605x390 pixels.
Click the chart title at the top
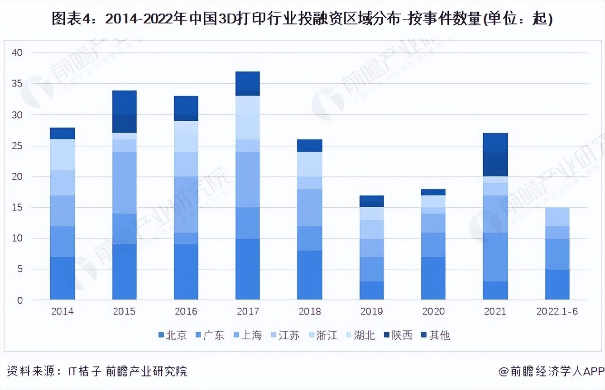coord(302,19)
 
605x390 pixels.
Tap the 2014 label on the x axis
coord(62,312)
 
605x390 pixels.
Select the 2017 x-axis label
coord(248,312)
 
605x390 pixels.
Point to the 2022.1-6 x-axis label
coord(557,312)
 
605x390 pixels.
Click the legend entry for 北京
coord(173,335)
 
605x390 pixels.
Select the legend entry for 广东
coord(210,335)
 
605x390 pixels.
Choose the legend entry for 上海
coord(248,335)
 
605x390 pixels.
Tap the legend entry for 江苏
coord(285,335)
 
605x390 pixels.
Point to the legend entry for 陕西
coord(399,335)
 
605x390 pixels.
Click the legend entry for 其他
coord(436,335)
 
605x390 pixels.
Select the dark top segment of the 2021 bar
coord(495,155)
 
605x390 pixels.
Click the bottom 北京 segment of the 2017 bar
coord(248,269)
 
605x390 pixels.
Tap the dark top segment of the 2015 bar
coord(124,111)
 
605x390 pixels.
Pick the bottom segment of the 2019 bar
coord(372,290)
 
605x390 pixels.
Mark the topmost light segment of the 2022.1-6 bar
coord(557,217)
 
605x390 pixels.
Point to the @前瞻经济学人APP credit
coord(552,371)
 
